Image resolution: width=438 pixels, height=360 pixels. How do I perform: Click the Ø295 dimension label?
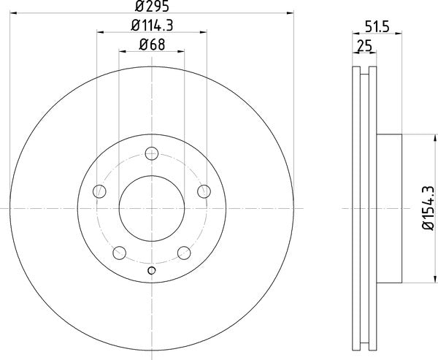click(151, 7)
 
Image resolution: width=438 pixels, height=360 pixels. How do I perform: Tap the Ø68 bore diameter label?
click(151, 45)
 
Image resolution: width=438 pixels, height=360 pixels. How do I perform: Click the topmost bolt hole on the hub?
click(152, 153)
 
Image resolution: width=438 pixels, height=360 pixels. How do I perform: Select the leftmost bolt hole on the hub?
click(100, 191)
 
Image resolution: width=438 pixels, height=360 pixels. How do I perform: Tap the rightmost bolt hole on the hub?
click(204, 191)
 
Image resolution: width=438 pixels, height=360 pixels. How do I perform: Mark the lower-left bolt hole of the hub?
click(120, 253)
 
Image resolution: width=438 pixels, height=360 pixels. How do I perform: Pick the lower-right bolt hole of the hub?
click(184, 253)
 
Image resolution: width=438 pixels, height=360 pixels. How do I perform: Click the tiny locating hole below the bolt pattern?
click(152, 272)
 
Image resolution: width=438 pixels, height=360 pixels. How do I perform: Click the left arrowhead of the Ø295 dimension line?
click(13, 12)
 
